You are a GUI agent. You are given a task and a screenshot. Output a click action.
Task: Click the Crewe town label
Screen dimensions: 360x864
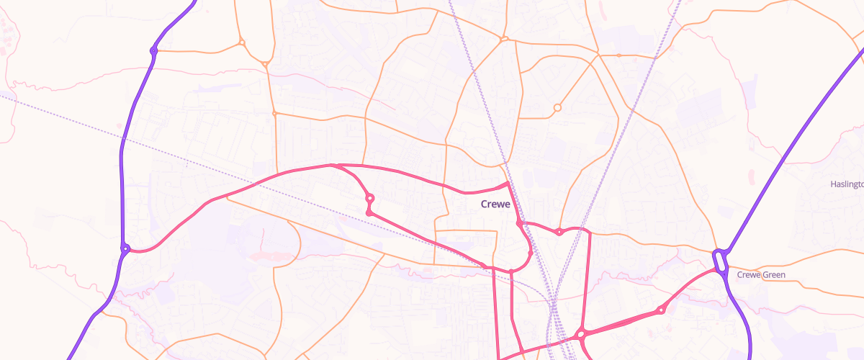point(495,204)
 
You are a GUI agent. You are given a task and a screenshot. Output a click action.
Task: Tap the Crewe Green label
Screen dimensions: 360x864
point(761,275)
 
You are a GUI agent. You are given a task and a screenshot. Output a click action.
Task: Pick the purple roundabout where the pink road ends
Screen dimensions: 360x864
point(125,249)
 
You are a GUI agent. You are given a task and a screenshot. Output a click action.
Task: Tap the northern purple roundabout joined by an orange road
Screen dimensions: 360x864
point(153,50)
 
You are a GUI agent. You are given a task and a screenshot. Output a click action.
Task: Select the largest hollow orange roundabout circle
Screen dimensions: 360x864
point(557,108)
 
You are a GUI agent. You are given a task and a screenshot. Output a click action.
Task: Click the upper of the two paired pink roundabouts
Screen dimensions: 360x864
point(369,198)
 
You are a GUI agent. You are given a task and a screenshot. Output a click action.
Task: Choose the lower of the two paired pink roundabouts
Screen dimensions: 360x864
point(369,212)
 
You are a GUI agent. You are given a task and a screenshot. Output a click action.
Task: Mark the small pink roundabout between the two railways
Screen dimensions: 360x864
point(559,231)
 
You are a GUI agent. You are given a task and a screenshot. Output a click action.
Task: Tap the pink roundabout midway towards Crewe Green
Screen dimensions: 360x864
point(660,310)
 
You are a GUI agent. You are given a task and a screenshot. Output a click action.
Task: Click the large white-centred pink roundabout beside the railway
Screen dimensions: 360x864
point(580,334)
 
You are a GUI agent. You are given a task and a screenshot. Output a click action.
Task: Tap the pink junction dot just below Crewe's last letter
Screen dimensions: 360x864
point(519,224)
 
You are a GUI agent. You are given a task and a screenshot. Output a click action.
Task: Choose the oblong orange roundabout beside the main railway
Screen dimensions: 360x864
point(505,38)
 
